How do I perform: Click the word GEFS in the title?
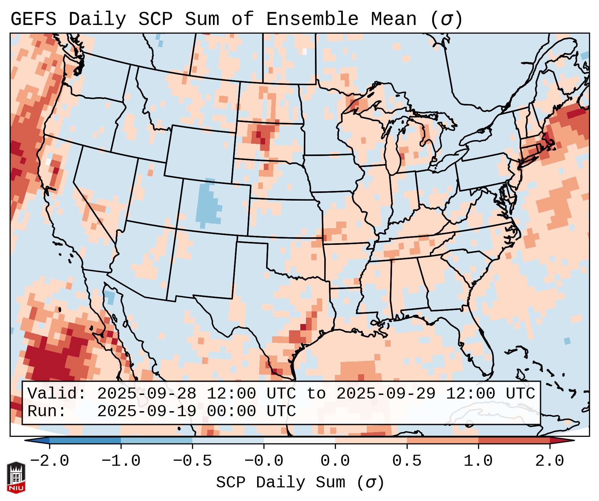33,19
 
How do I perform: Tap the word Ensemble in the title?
312,19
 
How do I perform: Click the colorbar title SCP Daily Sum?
281,482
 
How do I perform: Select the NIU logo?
16,477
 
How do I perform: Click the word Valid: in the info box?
57,394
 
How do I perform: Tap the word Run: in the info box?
47,412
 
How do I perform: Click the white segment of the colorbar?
299,440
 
